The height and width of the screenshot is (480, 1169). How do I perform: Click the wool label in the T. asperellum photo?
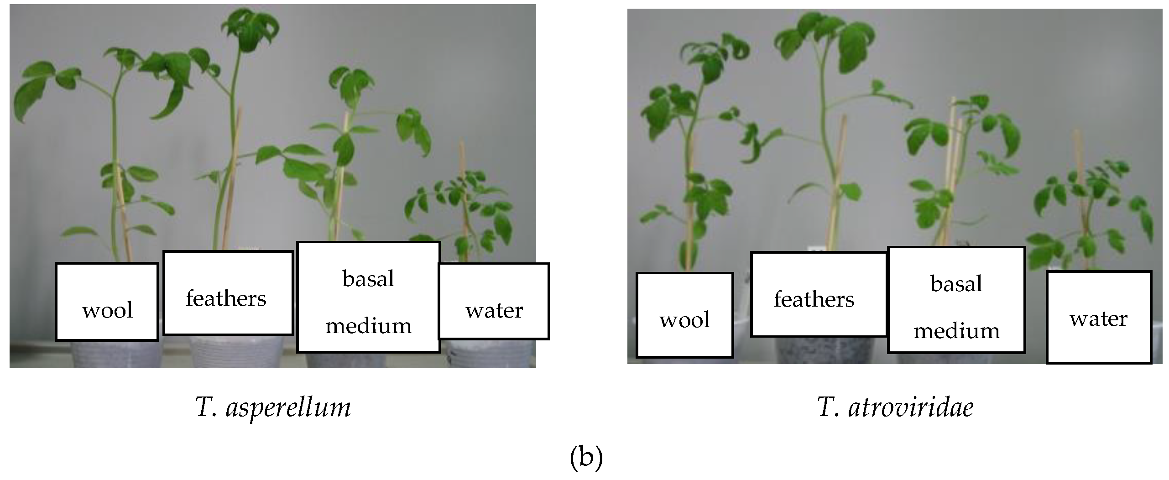[x=107, y=311]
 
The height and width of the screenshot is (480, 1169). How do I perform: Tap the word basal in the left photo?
[x=368, y=279]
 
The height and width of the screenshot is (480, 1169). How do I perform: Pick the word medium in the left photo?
[x=368, y=326]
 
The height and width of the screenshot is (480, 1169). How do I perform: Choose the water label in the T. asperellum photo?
[x=494, y=311]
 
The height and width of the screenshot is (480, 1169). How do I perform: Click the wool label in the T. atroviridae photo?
[x=684, y=320]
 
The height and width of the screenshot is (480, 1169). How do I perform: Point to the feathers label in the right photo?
[x=814, y=299]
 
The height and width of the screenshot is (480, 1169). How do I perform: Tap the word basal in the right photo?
[x=956, y=284]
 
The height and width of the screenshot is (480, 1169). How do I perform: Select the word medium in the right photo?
[x=956, y=331]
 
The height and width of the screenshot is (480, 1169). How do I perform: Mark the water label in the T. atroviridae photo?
[x=1098, y=318]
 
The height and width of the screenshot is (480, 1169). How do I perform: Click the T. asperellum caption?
[x=273, y=407]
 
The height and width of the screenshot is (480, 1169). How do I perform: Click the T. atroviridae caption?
[x=895, y=407]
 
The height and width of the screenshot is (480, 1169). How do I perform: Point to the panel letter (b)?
[x=586, y=459]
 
